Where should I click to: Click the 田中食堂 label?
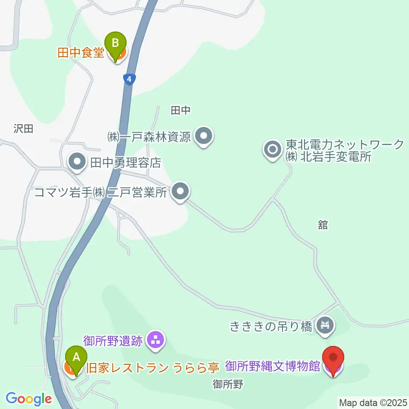tap(81, 53)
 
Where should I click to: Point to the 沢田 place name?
tap(23, 129)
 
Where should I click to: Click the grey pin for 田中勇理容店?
tap(77, 162)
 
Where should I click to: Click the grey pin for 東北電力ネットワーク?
tap(273, 150)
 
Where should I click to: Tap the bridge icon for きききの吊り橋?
tap(325, 327)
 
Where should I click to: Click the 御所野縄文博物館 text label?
tap(273, 366)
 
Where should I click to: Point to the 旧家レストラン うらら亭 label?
tap(152, 367)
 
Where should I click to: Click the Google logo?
tap(29, 399)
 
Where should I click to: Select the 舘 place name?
tap(323, 225)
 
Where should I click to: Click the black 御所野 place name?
tap(228, 384)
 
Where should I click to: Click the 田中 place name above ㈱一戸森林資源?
tap(180, 111)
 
